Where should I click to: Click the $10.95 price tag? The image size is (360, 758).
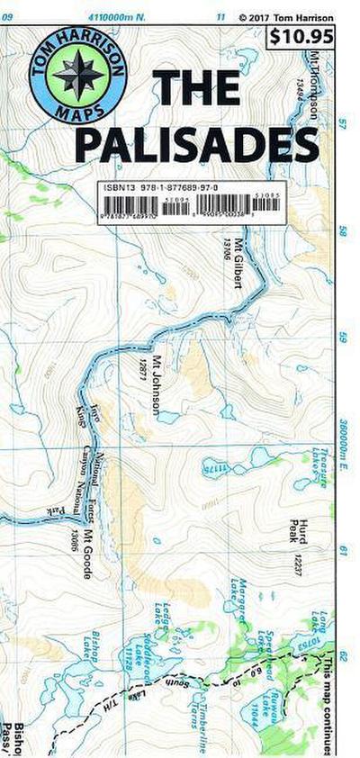point(301,38)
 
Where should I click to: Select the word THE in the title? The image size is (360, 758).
point(197,87)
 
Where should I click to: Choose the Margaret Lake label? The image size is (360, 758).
point(238,598)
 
